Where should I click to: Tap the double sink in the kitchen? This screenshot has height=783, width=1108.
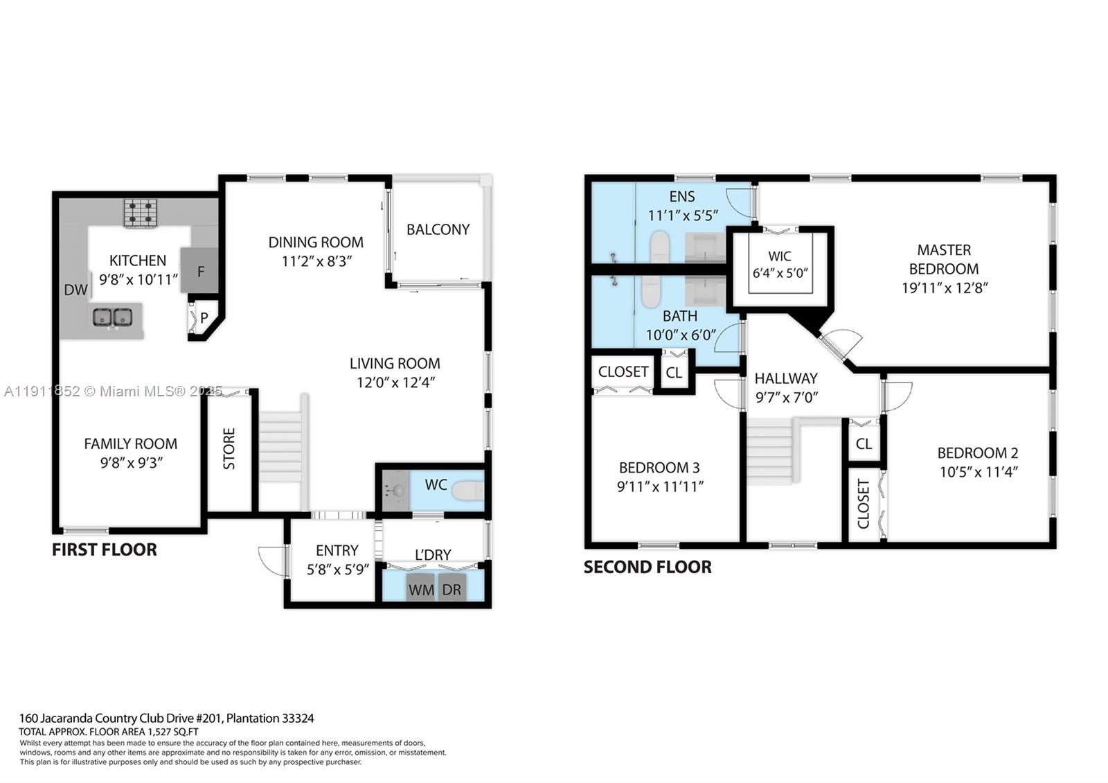[x=112, y=317]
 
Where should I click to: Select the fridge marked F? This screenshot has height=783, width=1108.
[x=200, y=271]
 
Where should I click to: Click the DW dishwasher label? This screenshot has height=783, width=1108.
[x=75, y=290]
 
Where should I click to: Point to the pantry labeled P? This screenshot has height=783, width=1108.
[x=204, y=319]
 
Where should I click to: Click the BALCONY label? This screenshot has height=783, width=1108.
[x=438, y=229]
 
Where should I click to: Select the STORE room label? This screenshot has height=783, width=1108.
[x=229, y=449]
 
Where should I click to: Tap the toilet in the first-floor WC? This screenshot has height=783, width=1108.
[x=467, y=491]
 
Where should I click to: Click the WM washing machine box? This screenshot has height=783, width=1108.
[x=421, y=590]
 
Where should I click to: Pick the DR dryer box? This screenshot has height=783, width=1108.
[x=452, y=590]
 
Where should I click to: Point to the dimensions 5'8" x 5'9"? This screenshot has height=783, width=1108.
[x=337, y=570]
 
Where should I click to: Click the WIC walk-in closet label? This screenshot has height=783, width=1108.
[x=780, y=256]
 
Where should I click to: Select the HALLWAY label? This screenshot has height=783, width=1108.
[x=786, y=378]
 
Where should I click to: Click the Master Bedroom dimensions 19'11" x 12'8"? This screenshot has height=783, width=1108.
[x=944, y=288]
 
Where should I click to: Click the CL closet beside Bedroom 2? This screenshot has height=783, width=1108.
[x=864, y=443]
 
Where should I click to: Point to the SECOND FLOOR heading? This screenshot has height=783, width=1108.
[x=647, y=567]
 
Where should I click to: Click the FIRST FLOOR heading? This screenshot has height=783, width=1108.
[x=105, y=549]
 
